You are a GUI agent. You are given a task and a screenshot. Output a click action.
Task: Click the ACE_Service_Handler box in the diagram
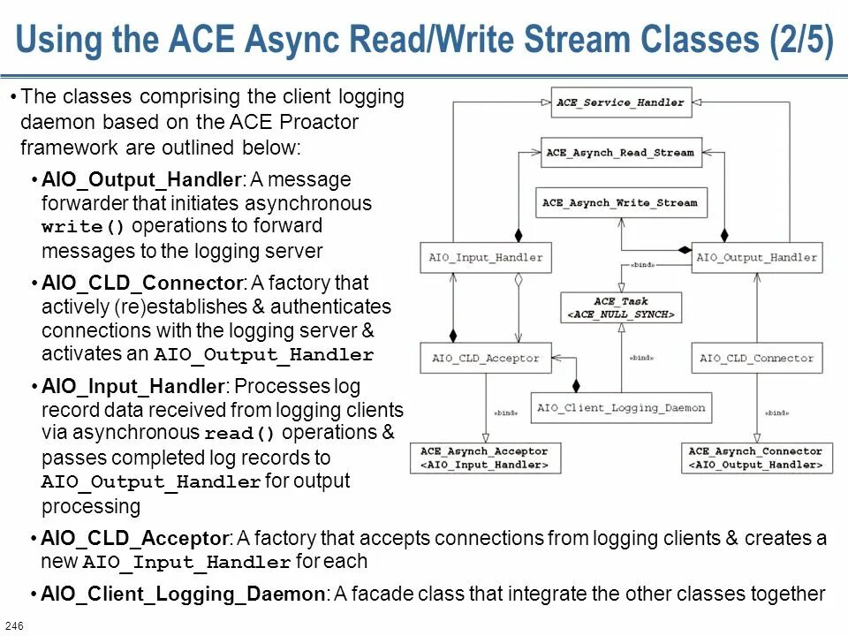click(620, 102)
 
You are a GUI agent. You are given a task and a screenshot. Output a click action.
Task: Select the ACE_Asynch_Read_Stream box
click(620, 153)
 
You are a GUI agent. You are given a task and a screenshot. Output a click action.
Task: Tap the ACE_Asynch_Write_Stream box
click(620, 202)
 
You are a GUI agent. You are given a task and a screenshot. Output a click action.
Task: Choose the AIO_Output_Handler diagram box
click(757, 258)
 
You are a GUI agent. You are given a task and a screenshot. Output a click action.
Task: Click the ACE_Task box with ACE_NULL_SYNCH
click(622, 307)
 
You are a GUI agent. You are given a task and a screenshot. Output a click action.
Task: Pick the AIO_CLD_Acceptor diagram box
click(486, 358)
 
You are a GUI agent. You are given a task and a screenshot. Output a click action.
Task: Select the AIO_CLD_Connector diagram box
click(757, 358)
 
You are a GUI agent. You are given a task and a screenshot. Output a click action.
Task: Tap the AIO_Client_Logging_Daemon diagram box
click(622, 407)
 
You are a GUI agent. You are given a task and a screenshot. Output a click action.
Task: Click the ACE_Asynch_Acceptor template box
click(485, 458)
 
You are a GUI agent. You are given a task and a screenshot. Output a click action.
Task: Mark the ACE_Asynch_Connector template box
click(756, 458)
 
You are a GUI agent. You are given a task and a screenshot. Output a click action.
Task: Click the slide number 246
click(14, 626)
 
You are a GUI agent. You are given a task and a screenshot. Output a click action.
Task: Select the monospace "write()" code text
click(84, 227)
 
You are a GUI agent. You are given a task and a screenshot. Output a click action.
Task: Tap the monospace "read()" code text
click(240, 435)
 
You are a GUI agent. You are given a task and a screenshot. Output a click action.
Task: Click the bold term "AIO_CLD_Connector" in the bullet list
click(142, 284)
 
